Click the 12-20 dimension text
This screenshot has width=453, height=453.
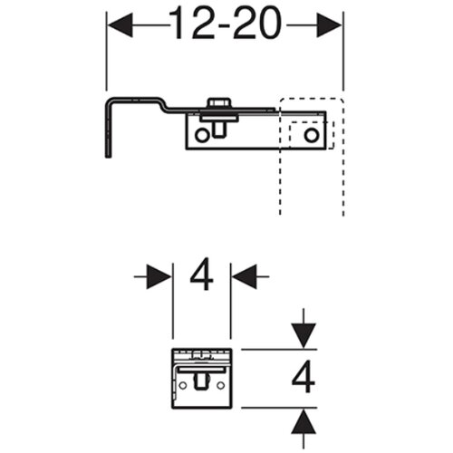point(225,24)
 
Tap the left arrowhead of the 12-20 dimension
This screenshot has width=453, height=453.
point(120,25)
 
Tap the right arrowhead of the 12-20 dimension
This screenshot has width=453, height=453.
point(329,25)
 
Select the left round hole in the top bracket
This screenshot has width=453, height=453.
point(201,135)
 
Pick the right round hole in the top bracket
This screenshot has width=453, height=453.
point(312,135)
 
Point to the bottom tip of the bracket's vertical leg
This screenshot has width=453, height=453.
point(108,157)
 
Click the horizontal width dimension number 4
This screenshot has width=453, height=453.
point(201,274)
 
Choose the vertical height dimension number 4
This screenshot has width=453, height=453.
point(304,376)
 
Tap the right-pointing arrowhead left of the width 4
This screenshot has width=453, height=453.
point(159,276)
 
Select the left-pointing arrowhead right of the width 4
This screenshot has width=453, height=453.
point(245,276)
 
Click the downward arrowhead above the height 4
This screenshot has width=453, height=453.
point(304,336)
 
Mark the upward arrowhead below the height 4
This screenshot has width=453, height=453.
point(304,421)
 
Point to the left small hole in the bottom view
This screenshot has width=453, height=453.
point(183,385)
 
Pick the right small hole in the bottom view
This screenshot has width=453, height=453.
point(221,385)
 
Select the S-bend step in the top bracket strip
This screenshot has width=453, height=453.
point(165,105)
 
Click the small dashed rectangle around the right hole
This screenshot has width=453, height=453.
point(312,135)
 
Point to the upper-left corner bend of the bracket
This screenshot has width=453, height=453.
point(109,101)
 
